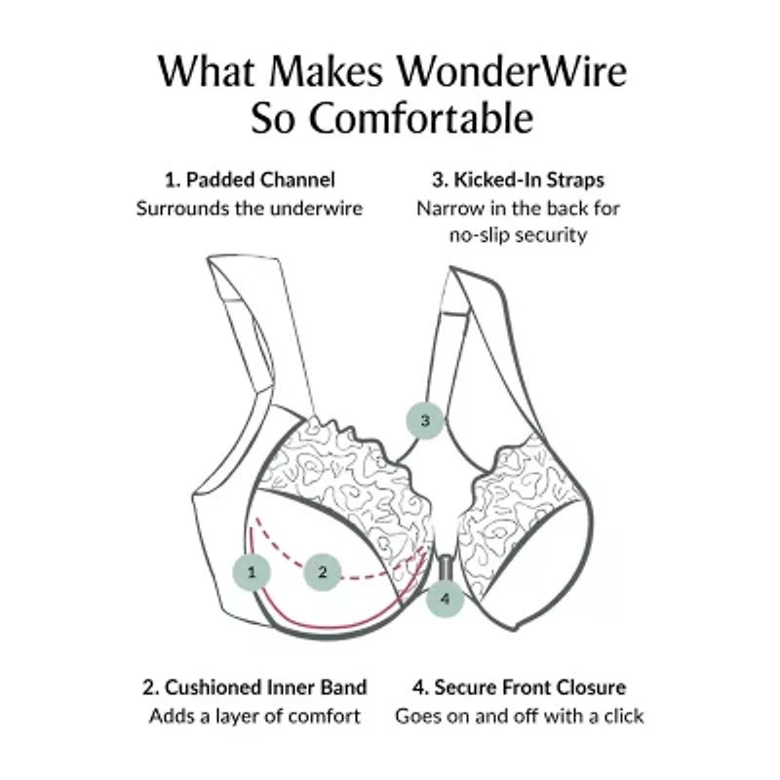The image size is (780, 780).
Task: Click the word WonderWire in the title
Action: (x=511, y=71)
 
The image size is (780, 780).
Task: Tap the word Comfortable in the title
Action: (x=421, y=118)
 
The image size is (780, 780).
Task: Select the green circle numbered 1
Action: (x=252, y=572)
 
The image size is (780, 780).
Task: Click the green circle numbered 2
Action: (x=323, y=572)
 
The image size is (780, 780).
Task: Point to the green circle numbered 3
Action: (x=425, y=420)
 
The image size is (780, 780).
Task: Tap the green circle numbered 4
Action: (x=445, y=599)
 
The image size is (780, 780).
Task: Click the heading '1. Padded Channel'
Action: (x=250, y=180)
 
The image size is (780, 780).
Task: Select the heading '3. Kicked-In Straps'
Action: (x=518, y=180)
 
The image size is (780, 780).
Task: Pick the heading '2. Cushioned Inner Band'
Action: (x=254, y=687)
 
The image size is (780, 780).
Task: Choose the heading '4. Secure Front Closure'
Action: (x=519, y=687)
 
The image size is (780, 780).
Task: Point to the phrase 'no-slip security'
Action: (x=518, y=235)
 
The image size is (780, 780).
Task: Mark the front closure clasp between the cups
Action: (x=444, y=567)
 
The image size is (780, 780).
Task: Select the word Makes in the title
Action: (x=327, y=71)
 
